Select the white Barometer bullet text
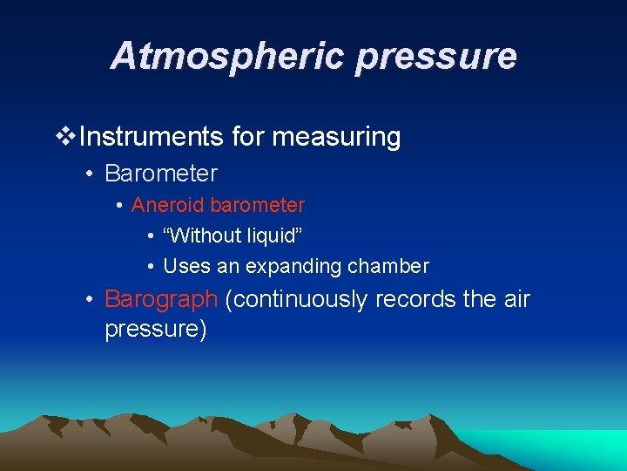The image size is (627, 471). pos(161,173)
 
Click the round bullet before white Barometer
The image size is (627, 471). pos(90,174)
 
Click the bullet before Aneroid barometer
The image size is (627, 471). pos(118,206)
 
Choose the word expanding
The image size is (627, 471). pos(292,266)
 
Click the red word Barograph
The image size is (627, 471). pos(160,299)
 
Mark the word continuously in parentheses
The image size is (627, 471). pos(296,299)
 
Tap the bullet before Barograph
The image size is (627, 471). pos(90,300)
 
